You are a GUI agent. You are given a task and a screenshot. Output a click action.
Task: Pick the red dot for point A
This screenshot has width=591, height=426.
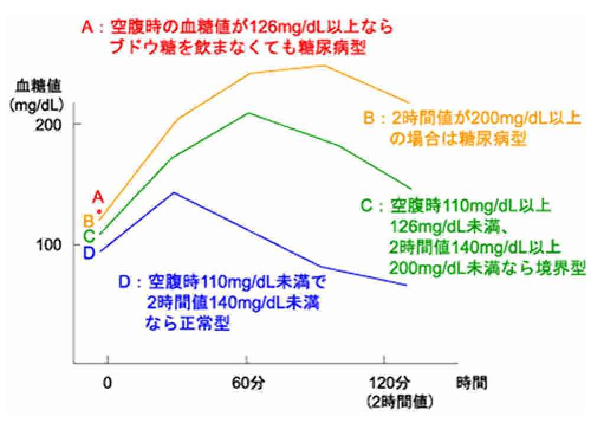99,211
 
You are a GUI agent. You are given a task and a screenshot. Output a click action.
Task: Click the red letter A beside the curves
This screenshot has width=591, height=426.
98,197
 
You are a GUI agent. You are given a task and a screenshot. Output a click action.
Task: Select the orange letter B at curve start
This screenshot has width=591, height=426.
89,221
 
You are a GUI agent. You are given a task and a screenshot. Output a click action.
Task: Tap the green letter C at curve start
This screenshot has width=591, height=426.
89,236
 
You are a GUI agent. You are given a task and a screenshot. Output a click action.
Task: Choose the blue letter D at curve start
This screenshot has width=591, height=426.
89,253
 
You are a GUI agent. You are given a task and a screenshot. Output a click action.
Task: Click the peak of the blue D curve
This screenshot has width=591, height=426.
173,192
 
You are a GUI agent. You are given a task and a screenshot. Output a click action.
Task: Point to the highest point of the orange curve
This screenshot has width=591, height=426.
324,65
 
